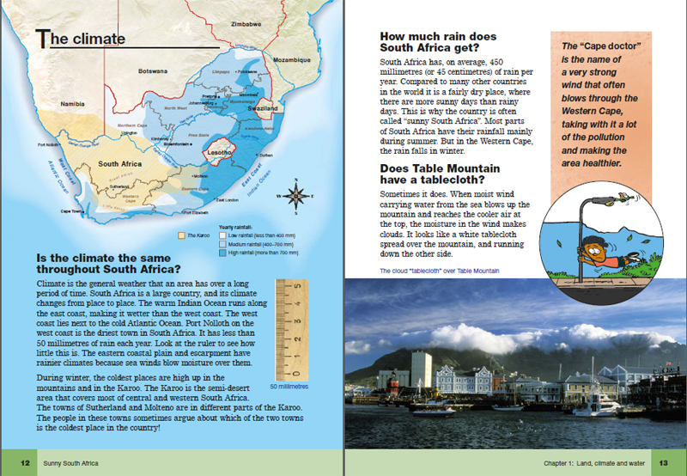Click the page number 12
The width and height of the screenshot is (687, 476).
(26, 463)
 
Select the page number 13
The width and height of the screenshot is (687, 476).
(663, 463)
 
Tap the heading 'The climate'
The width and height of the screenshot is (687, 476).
(82, 38)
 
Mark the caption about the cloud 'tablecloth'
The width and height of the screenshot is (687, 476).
(439, 272)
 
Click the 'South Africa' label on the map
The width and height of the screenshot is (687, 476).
(119, 163)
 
